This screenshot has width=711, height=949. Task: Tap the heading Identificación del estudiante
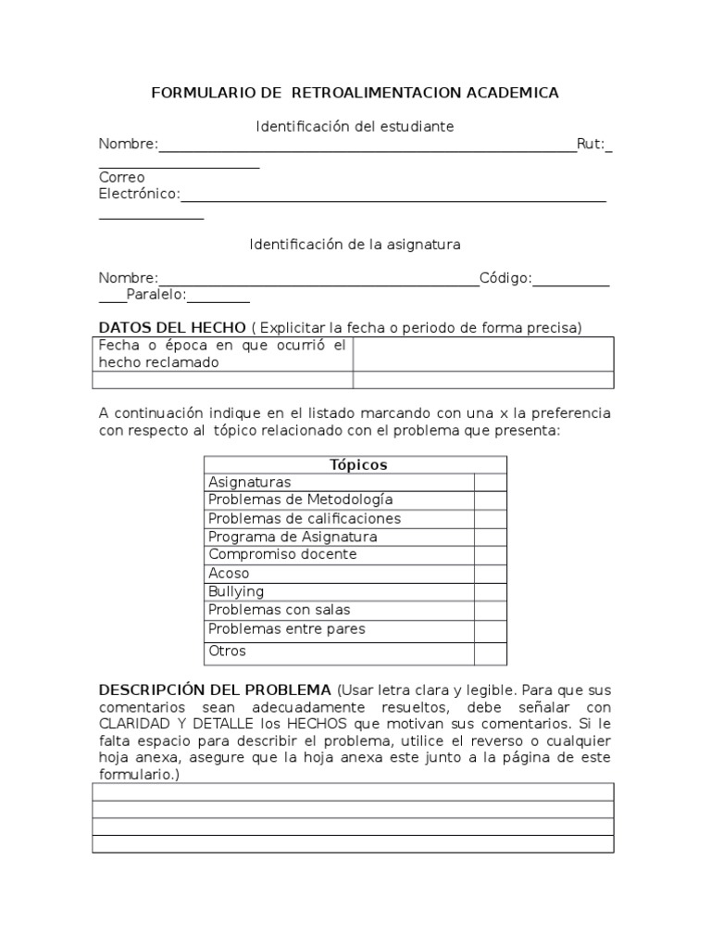355,126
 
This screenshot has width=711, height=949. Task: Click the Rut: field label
590,144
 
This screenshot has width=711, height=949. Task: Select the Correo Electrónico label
139,185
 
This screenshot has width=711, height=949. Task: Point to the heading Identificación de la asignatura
355,245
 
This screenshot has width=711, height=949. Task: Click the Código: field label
505,278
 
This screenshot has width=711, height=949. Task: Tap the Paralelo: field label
156,295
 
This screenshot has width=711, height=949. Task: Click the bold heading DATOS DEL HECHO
172,327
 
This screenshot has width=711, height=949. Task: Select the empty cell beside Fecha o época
483,354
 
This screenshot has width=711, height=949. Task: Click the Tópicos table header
357,464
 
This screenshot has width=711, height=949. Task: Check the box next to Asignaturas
490,482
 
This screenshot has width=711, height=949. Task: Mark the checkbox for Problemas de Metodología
490,500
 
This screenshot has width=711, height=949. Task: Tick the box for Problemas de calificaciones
490,518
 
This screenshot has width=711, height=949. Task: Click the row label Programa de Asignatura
293,537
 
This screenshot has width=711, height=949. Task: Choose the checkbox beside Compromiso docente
490,555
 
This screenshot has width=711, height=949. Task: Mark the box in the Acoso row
490,574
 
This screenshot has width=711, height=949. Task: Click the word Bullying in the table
236,591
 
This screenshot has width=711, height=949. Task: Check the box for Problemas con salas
490,610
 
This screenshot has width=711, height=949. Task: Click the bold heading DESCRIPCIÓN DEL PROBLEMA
215,690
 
